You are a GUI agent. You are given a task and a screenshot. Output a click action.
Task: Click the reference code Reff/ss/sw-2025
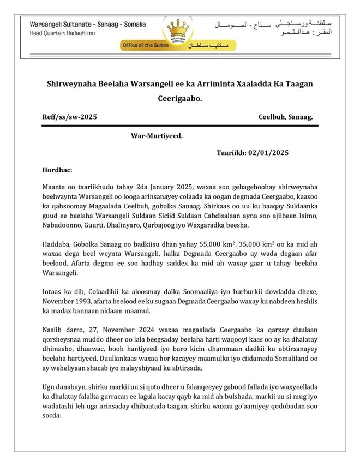[x=70, y=117]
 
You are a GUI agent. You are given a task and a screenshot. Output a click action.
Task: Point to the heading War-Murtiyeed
[x=157, y=135]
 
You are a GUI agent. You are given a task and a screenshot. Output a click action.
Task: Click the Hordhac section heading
[x=56, y=170]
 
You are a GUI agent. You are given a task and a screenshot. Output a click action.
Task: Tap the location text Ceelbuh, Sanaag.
[x=286, y=117]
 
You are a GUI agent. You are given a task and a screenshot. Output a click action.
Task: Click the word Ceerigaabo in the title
[x=179, y=99]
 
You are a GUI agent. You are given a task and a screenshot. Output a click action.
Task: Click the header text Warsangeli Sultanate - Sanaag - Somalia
[x=87, y=25]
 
